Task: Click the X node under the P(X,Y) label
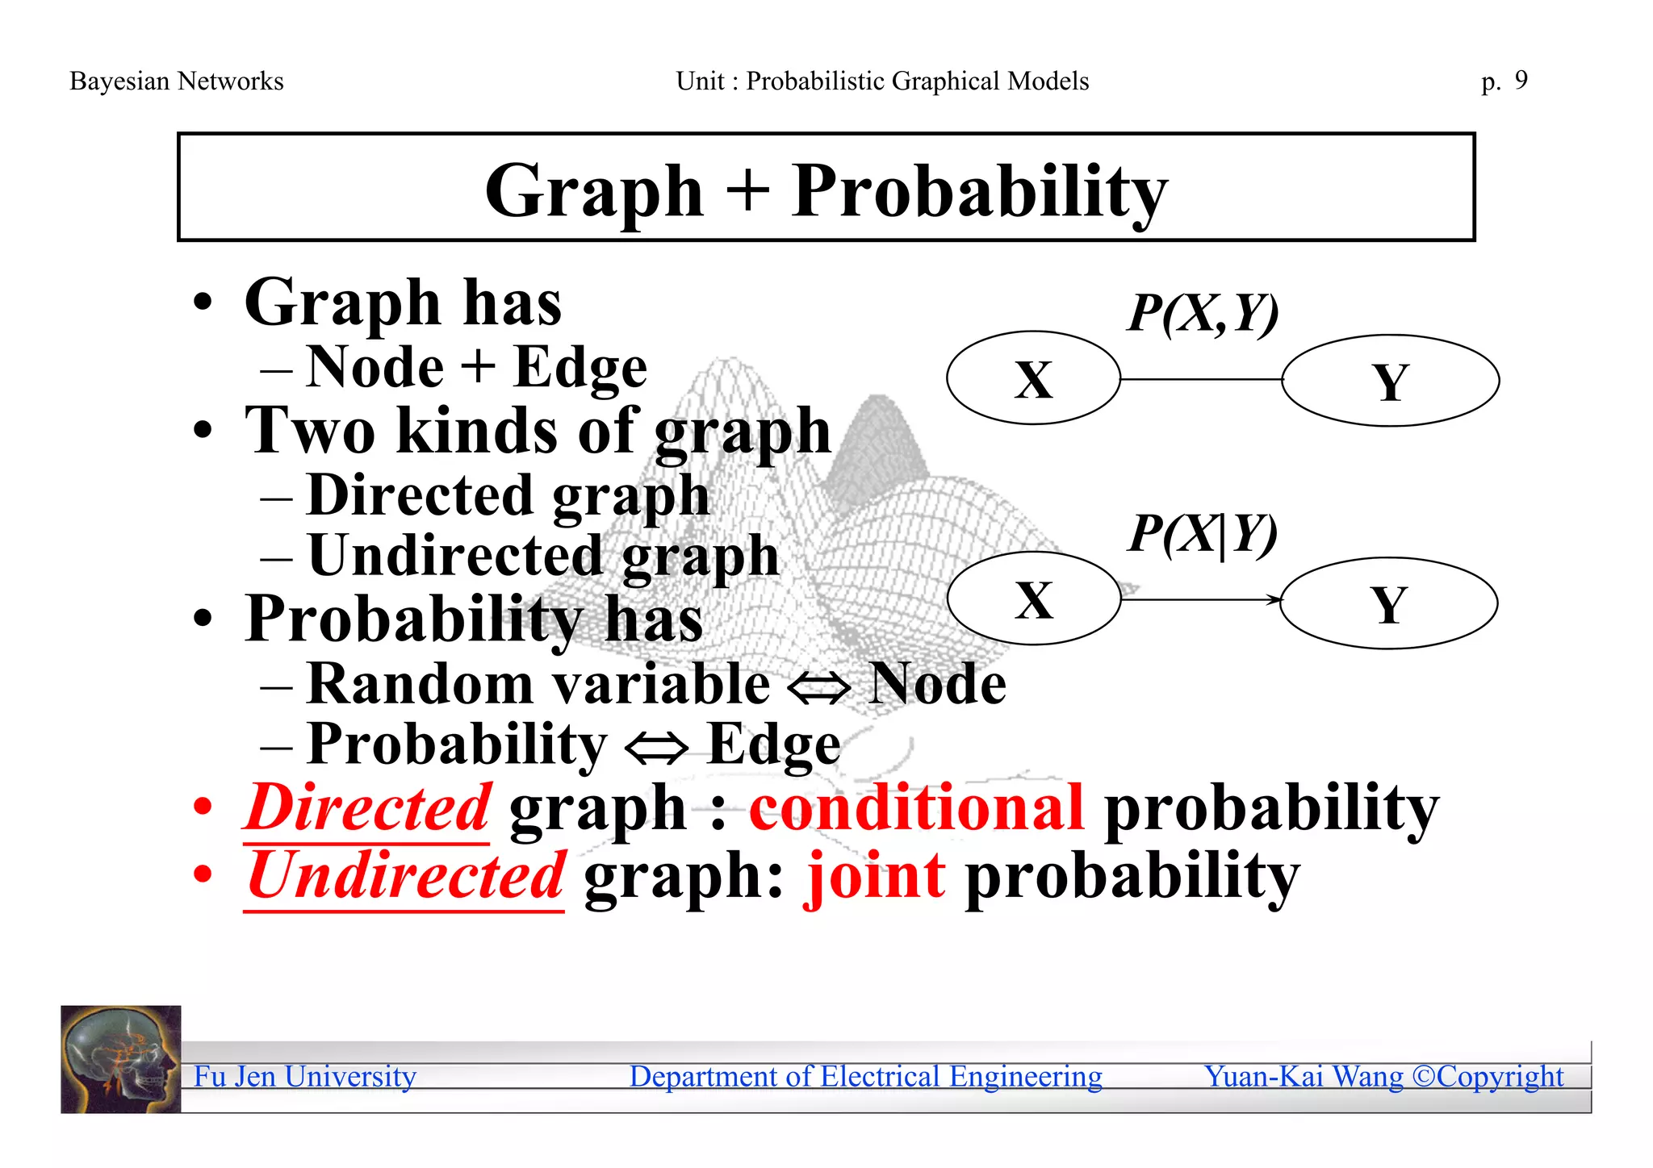(x=1033, y=378)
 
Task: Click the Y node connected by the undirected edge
(x=1390, y=381)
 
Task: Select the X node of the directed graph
(x=1033, y=599)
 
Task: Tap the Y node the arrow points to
(x=1388, y=603)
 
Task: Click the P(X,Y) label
(x=1203, y=313)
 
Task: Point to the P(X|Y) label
(x=1203, y=534)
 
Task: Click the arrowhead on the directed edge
(x=1274, y=600)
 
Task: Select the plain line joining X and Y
(x=1201, y=379)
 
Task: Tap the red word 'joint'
(x=875, y=877)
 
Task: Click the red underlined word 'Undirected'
(x=405, y=877)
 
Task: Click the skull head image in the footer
(x=121, y=1059)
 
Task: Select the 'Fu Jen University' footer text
(x=305, y=1077)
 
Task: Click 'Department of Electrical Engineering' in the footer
(x=865, y=1077)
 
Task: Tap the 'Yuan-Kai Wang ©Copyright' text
(x=1383, y=1077)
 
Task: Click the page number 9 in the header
(x=1521, y=80)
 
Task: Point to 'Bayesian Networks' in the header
(x=177, y=81)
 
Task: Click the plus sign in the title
(x=747, y=192)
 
